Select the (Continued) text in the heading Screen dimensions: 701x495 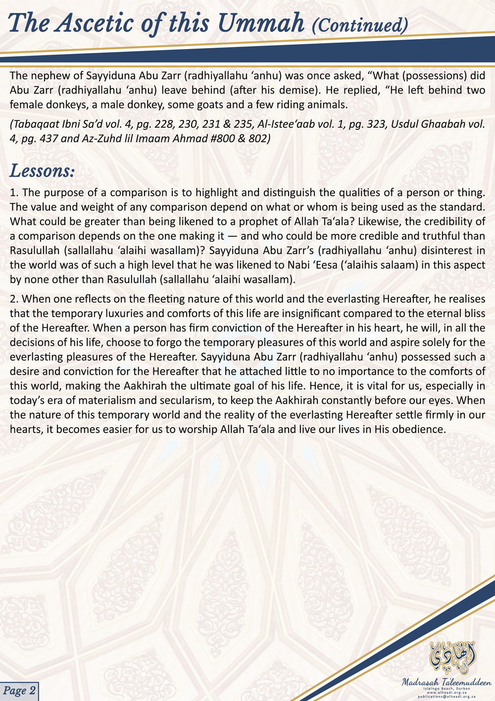pos(360,25)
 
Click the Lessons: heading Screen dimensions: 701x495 pos(42,171)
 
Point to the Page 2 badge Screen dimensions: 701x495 pos(19,691)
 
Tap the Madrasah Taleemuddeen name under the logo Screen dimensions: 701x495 pos(446,682)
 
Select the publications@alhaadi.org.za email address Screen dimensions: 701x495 pos(446,696)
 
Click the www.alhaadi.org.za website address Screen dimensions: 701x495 pos(446,692)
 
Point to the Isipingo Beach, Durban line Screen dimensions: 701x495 pos(446,688)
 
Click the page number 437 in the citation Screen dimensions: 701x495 pos(48,138)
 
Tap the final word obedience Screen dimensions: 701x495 pos(419,429)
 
